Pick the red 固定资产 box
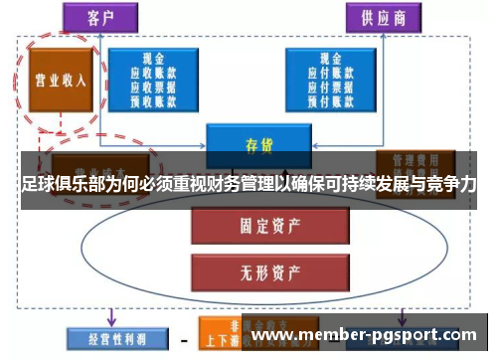pos(253,226)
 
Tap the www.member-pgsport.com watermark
pos(369,335)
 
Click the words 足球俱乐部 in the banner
pos(61,185)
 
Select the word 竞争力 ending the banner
pos(451,185)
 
